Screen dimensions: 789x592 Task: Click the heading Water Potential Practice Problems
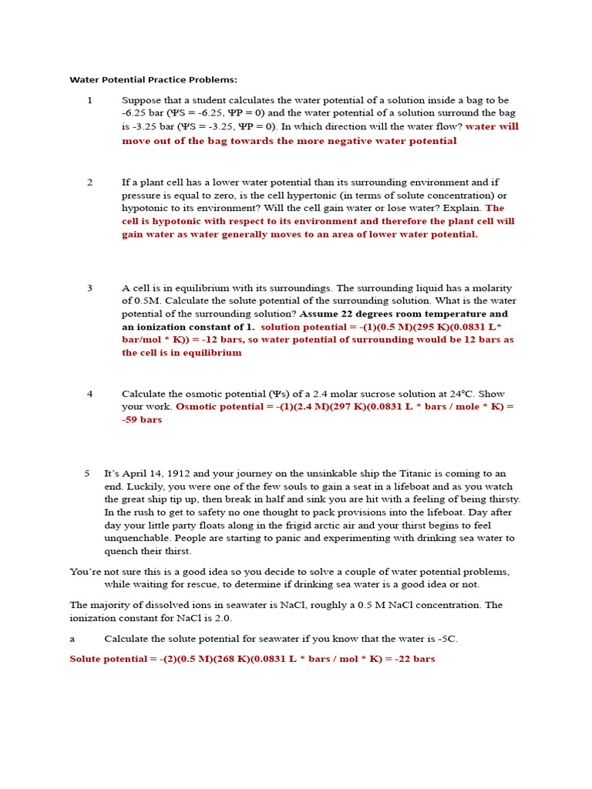(x=153, y=79)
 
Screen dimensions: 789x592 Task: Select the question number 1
(x=89, y=100)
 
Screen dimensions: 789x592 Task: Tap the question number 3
(x=89, y=288)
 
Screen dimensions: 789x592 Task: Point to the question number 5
(x=87, y=474)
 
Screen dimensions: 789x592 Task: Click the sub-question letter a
(x=72, y=639)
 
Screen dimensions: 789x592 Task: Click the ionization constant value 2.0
(x=221, y=618)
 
